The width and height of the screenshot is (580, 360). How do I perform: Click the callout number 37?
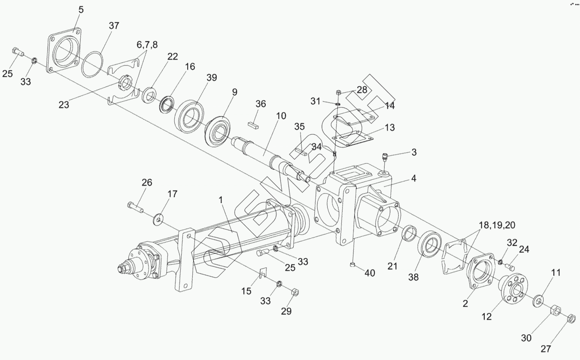click(114, 25)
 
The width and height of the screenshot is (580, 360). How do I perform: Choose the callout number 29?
click(286, 311)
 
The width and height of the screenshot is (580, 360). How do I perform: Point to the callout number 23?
click(64, 104)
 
